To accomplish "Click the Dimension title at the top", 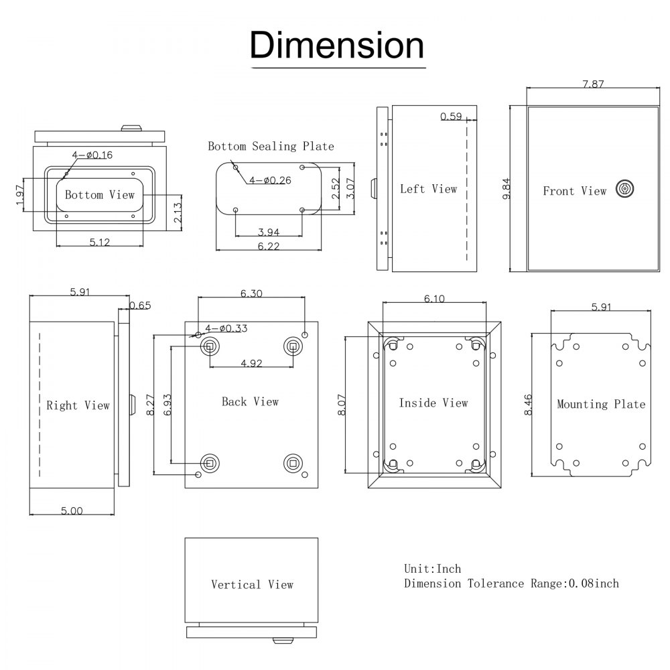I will (337, 46).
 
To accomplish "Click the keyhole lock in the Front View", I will (624, 190).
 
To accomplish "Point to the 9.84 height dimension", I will (507, 188).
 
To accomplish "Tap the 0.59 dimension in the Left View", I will (451, 117).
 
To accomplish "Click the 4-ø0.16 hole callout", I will (92, 155).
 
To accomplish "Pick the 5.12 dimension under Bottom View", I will (99, 242).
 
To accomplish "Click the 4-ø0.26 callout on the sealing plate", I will (270, 180).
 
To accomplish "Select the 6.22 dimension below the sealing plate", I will (268, 247).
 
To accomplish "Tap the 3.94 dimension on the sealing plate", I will (269, 232).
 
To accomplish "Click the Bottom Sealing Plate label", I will (271, 146).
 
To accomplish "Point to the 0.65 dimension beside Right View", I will (140, 306).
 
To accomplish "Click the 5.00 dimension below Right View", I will (72, 511).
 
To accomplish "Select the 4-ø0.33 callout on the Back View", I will (226, 328).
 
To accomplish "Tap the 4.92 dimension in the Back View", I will (251, 364).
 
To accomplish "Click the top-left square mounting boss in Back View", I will (210, 346).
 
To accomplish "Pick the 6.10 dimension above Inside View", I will (434, 299).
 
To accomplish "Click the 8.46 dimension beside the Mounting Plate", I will (529, 405).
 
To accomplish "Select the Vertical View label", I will (252, 585).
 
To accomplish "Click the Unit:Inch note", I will (432, 569).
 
